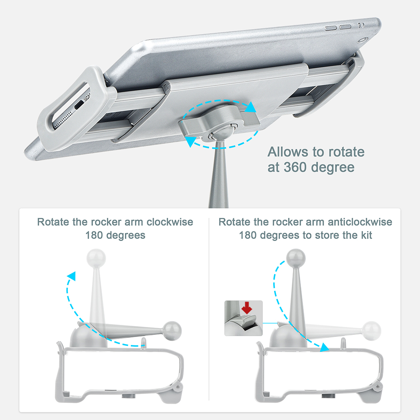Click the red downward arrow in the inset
pos(247,308)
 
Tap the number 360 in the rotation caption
pos(295,167)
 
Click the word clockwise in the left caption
pos(170,222)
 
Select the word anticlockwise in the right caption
pos(360,222)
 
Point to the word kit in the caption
pos(366,235)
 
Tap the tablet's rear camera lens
pos(363,40)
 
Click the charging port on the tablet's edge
pos(79,104)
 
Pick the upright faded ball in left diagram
pos(96,258)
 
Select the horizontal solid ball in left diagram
pos(172,331)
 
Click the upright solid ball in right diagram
pos(296,258)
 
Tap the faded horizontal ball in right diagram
pos(371,331)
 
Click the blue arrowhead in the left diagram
pos(72,276)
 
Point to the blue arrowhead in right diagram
pos(325,347)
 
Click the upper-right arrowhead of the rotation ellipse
pos(251,107)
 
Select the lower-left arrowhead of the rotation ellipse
pos(191,141)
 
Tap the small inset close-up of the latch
pos(244,318)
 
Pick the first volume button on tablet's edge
pos(331,28)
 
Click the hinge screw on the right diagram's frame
pos(378,386)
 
